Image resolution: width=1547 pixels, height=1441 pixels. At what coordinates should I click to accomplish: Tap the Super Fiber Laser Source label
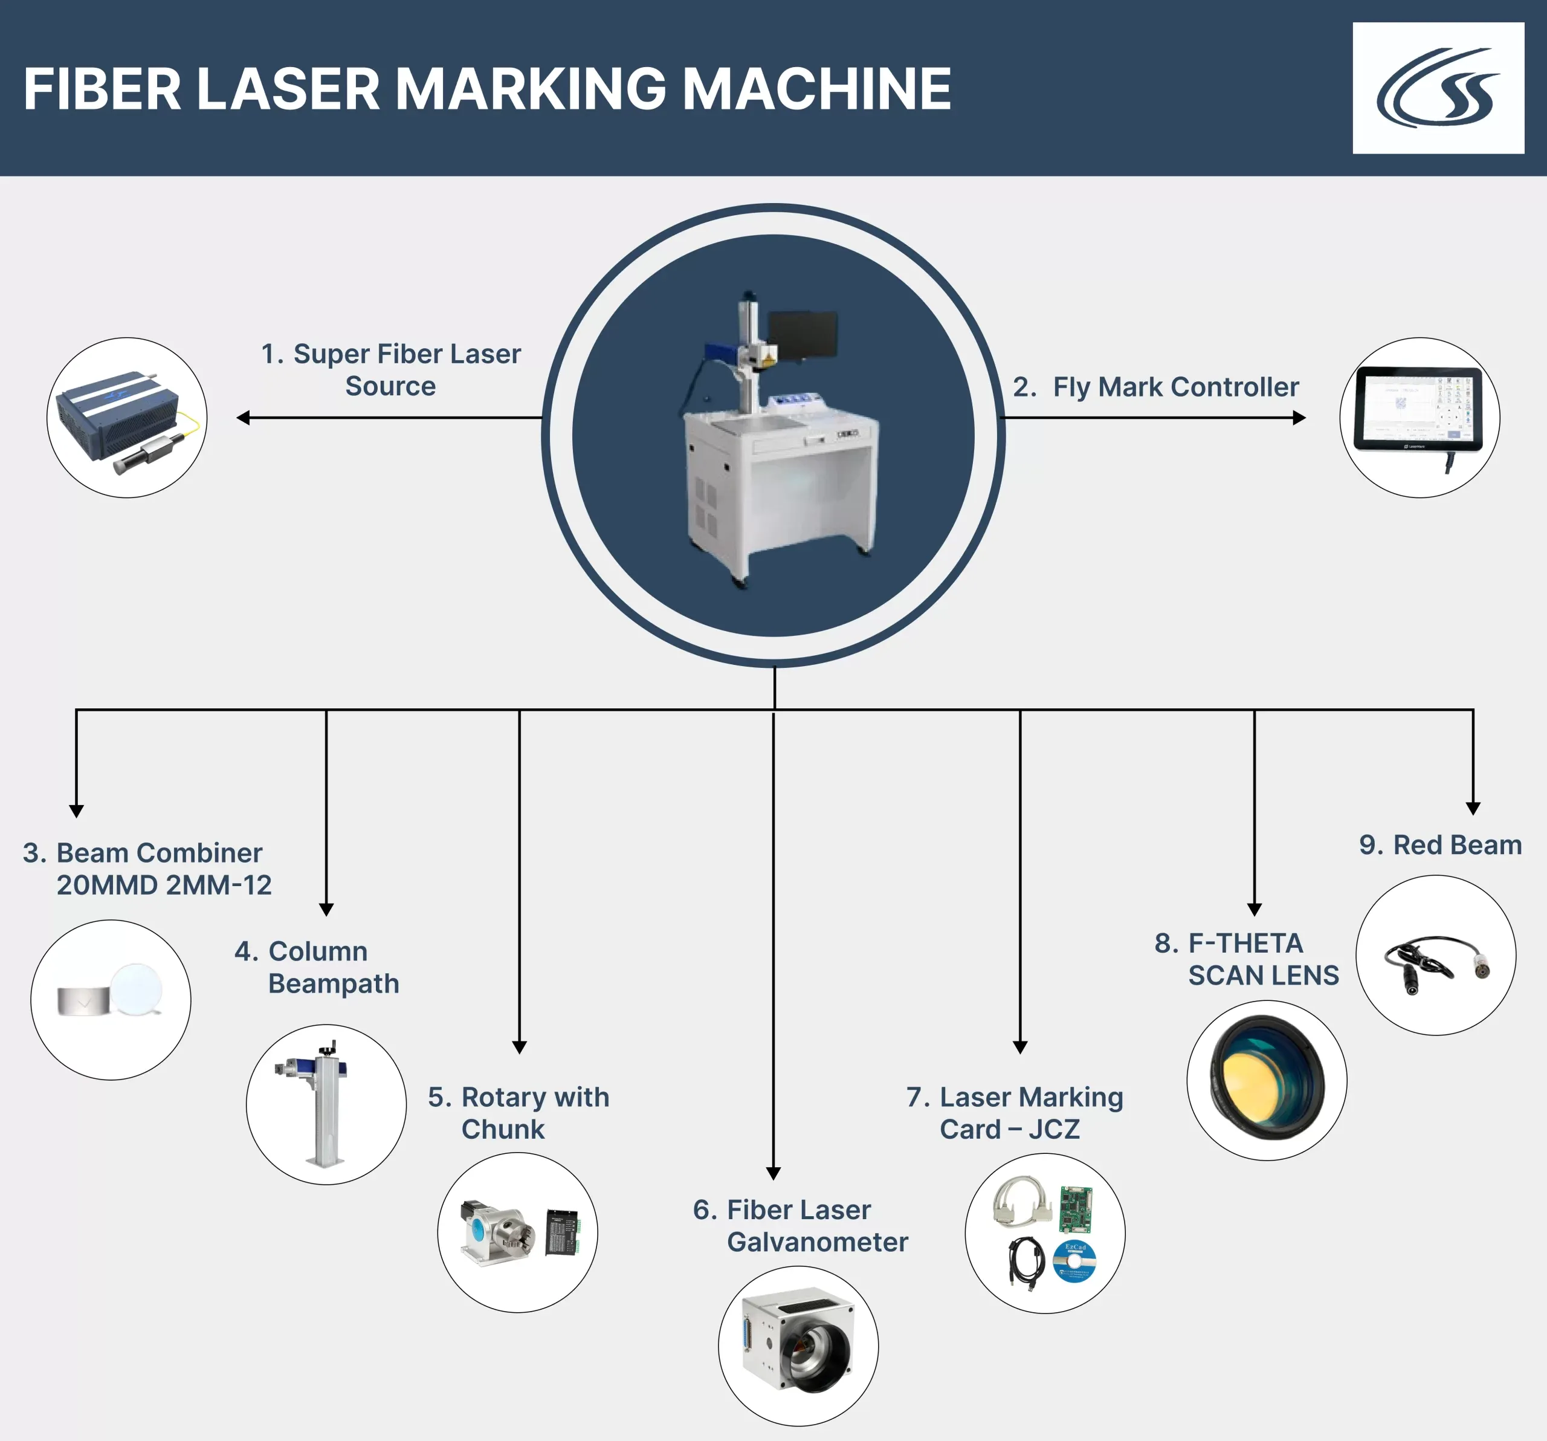390,370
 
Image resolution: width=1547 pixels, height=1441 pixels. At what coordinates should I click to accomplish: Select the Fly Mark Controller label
1155,387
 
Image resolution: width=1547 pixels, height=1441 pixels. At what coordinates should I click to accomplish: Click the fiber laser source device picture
127,418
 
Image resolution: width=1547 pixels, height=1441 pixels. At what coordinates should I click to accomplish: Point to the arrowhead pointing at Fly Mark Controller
1300,418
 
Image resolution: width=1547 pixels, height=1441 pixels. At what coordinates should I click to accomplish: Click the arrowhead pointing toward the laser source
243,418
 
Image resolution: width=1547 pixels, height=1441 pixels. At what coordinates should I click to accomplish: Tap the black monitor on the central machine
803,335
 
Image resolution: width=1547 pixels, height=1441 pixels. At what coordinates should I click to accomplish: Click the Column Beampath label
317,967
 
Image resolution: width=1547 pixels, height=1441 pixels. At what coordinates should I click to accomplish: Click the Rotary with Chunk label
519,1112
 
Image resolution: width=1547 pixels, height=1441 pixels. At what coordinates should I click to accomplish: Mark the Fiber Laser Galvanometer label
801,1225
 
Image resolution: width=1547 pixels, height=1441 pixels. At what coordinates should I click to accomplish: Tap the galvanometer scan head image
798,1344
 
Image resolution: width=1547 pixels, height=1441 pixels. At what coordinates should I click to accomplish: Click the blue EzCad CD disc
1074,1261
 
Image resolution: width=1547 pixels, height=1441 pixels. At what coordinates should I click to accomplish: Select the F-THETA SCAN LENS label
1247,959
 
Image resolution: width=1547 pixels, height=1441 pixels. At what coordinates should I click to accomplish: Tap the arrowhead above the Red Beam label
1473,809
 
